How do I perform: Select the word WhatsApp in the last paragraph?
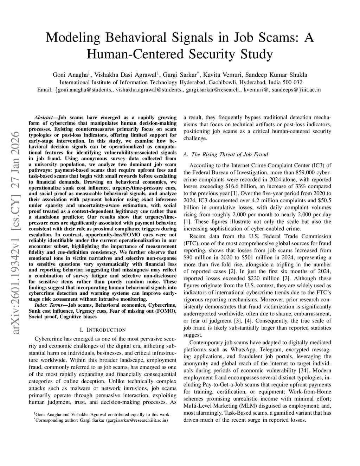pyautogui.click(x=243, y=349)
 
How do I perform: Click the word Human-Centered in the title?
pyautogui.click(x=135, y=55)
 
